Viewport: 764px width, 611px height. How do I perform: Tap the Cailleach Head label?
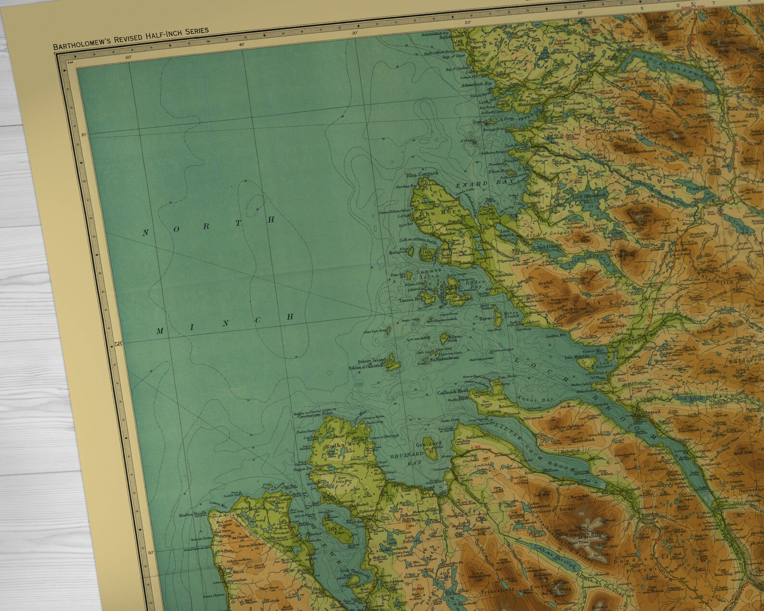452,392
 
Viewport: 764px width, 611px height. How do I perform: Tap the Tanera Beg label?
410,300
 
